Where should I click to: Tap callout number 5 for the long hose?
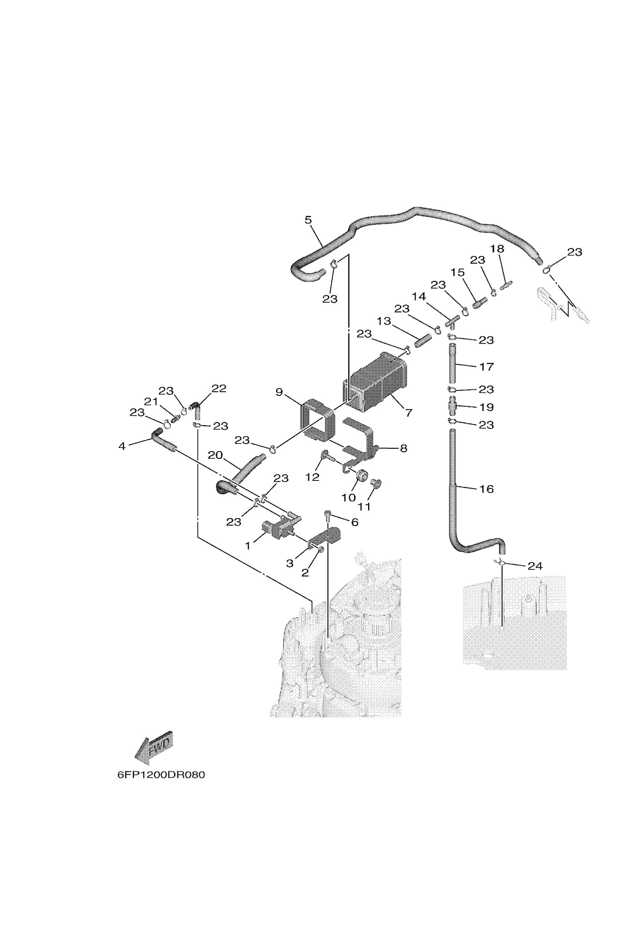[x=308, y=220]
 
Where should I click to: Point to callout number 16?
[x=487, y=489]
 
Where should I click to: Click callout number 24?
[x=535, y=566]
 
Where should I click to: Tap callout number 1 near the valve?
[x=248, y=546]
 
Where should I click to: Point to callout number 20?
[x=216, y=455]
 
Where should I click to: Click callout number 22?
[x=219, y=388]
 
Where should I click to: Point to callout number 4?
[x=122, y=446]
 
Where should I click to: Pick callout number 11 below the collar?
[x=364, y=506]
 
